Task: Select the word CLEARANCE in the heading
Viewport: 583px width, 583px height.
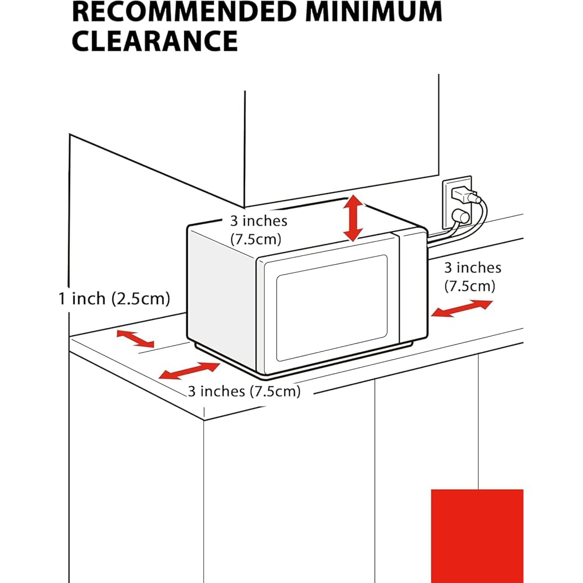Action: tap(154, 41)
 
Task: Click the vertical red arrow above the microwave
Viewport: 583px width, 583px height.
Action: tap(353, 219)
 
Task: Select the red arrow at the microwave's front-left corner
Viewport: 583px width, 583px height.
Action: tap(189, 371)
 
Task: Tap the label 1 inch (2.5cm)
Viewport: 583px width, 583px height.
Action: tap(114, 298)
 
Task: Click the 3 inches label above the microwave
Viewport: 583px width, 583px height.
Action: tap(257, 229)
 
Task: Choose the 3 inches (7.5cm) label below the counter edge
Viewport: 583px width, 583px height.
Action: tap(244, 391)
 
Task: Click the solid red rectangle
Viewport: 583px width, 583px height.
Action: tap(477, 535)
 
